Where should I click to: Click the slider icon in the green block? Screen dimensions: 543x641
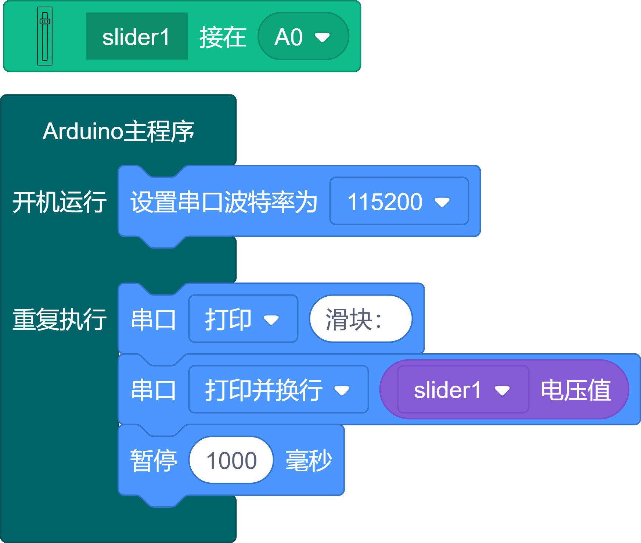pyautogui.click(x=45, y=36)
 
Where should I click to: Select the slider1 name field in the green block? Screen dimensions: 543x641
pyautogui.click(x=137, y=36)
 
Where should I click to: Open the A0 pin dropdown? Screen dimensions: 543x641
pyautogui.click(x=303, y=36)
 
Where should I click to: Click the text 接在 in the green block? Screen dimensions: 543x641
pyautogui.click(x=223, y=37)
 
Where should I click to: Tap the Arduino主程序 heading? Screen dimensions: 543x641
pyautogui.click(x=118, y=131)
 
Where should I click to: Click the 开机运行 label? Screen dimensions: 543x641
pyautogui.click(x=60, y=202)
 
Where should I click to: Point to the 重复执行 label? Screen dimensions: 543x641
pyautogui.click(x=60, y=319)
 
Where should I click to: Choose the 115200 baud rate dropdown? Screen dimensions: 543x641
pyautogui.click(x=399, y=201)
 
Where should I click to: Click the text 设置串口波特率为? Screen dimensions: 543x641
pyautogui.click(x=224, y=202)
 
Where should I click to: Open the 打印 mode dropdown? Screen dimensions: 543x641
pyautogui.click(x=243, y=319)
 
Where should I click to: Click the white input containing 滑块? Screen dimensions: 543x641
pyautogui.click(x=360, y=319)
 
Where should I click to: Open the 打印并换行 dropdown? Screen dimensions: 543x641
pyautogui.click(x=278, y=389)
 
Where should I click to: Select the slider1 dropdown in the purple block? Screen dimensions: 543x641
pyautogui.click(x=462, y=390)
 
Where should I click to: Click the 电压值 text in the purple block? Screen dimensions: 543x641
pyautogui.click(x=576, y=390)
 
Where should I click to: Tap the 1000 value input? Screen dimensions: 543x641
pyautogui.click(x=231, y=460)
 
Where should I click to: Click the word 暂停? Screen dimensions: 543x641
pyautogui.click(x=154, y=460)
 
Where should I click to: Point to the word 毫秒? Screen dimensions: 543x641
pyautogui.click(x=309, y=460)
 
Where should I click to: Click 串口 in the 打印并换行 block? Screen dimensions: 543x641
pyautogui.click(x=154, y=390)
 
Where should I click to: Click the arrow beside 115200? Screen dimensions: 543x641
pyautogui.click(x=442, y=202)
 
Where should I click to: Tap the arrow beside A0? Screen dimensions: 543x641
pyautogui.click(x=322, y=37)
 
